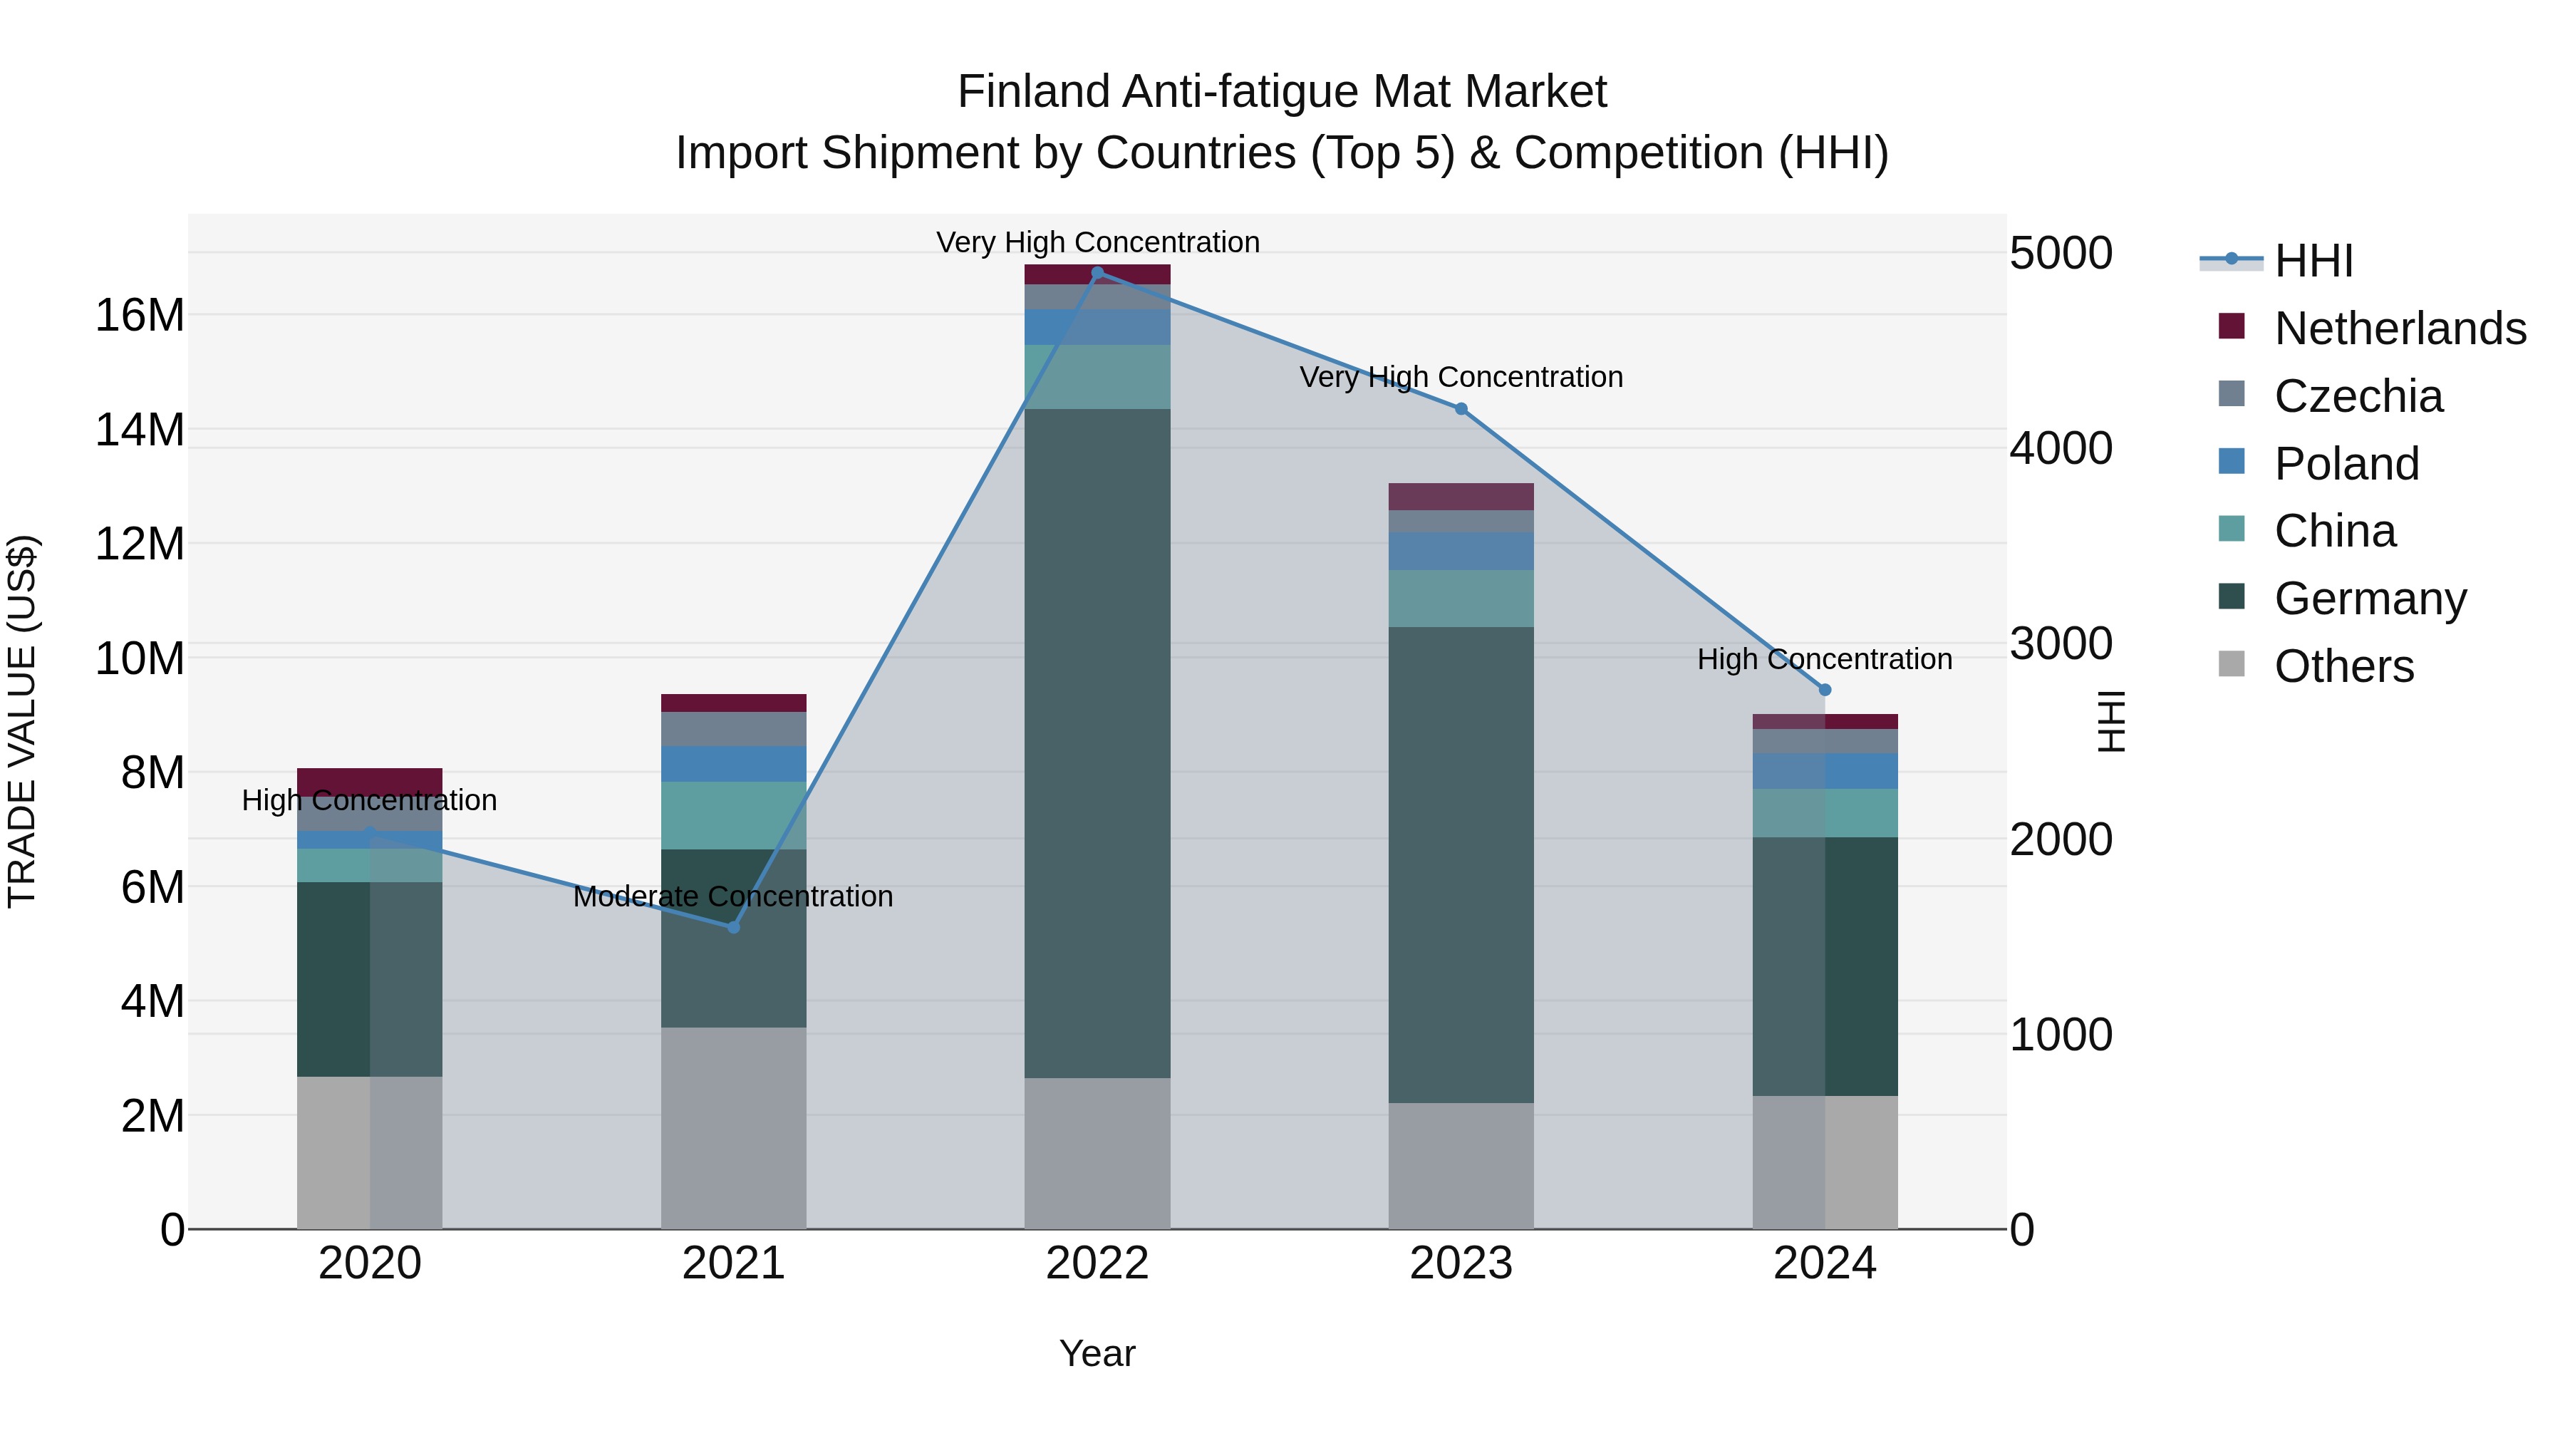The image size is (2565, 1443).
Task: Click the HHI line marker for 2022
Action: (1097, 273)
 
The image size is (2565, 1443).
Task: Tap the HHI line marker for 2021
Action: (734, 927)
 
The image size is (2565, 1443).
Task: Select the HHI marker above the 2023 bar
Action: (1461, 408)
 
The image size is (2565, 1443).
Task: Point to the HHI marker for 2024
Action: (1824, 690)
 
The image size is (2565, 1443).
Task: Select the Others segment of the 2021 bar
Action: (734, 1127)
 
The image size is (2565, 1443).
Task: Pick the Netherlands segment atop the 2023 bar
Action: (1461, 496)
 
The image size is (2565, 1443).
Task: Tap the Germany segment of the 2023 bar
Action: (1461, 864)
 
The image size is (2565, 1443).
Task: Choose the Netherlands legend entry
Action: (2399, 329)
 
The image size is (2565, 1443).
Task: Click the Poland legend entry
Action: (2346, 464)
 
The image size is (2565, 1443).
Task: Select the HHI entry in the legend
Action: (2312, 261)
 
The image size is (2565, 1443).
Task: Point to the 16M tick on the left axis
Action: (140, 316)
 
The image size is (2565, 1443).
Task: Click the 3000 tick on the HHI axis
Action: (2059, 644)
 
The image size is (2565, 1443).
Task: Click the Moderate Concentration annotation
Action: (733, 896)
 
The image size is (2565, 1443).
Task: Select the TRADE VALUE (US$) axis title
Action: (23, 721)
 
